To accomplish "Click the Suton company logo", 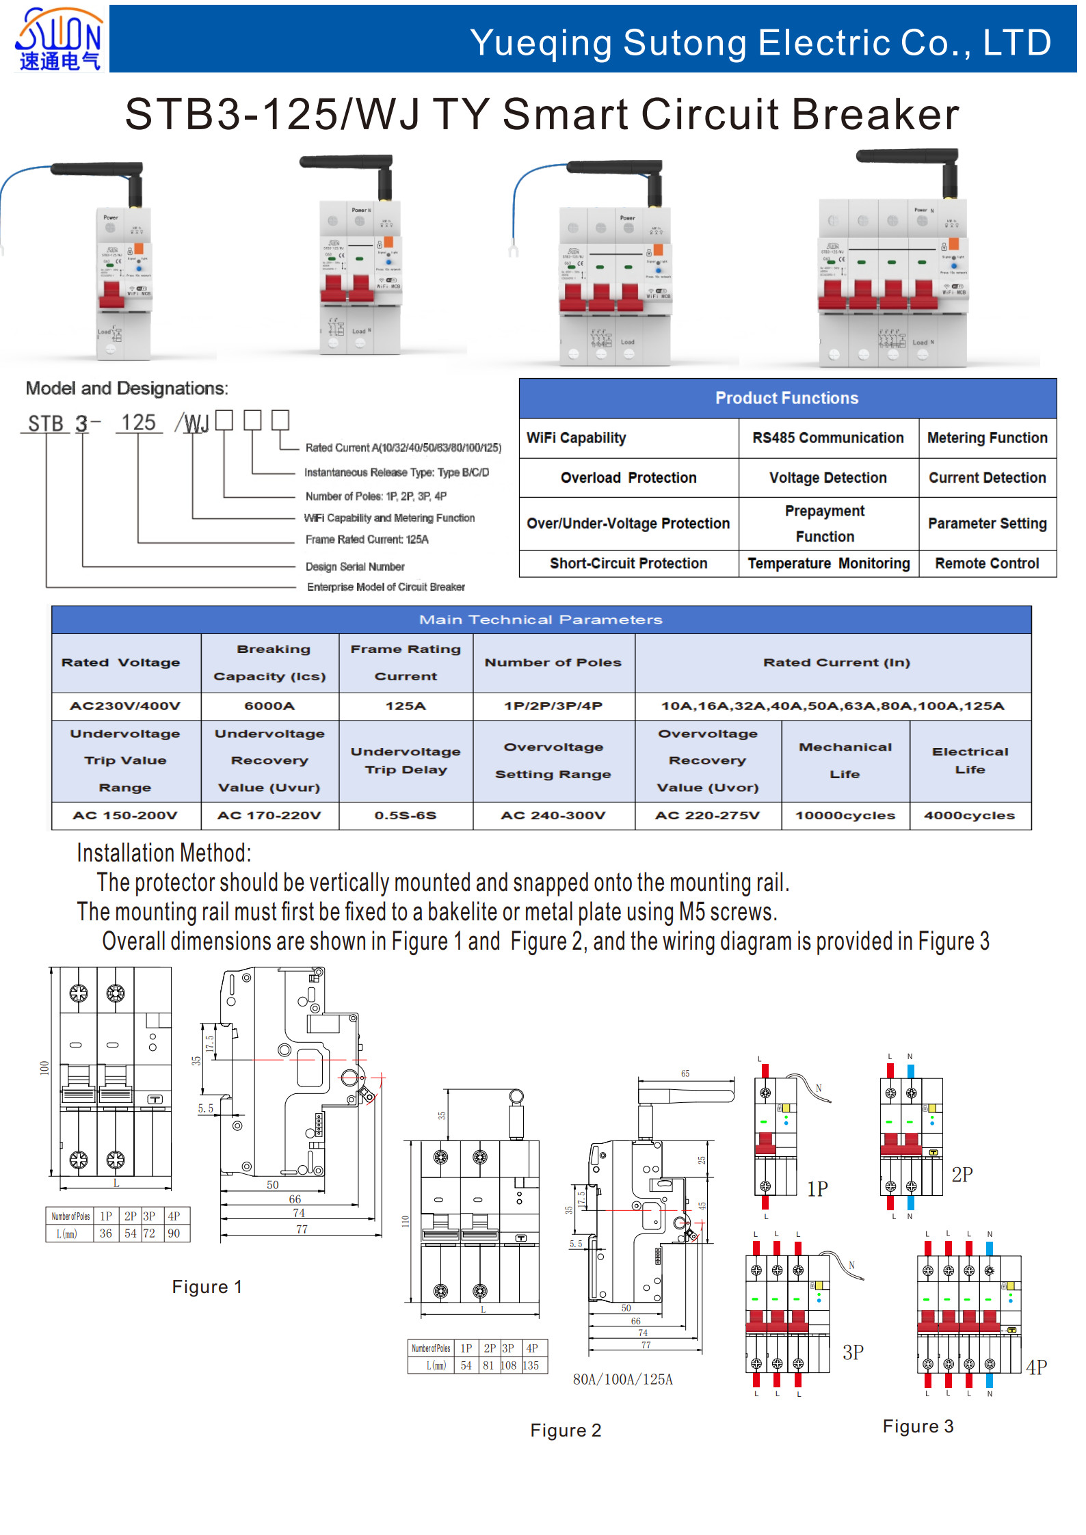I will point(59,38).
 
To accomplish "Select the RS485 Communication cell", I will point(827,438).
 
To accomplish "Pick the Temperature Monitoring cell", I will point(828,563).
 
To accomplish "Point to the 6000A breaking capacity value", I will point(269,706).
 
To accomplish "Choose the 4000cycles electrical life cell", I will point(969,815).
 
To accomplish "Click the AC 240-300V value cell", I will point(553,815).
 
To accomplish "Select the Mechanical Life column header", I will point(845,760).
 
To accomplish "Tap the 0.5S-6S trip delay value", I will point(405,815).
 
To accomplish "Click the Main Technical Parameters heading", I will point(540,619).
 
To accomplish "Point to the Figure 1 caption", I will point(207,1287).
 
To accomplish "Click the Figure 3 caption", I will point(917,1426).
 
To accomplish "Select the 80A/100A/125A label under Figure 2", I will point(622,1379).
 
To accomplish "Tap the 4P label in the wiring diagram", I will point(1036,1367).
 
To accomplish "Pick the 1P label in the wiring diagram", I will point(817,1189).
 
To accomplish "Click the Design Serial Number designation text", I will point(355,567).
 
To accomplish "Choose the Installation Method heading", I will point(164,853).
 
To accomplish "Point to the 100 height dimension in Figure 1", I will point(44,1067).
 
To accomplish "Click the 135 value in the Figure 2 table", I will point(531,1365).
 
